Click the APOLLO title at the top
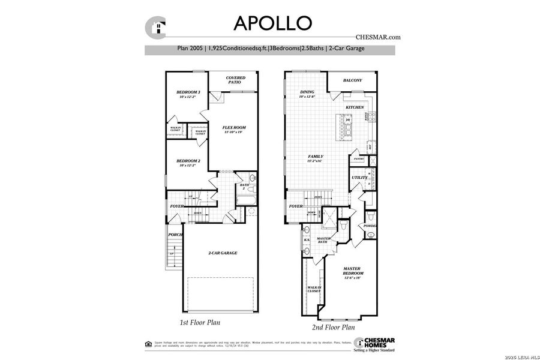[x=273, y=22]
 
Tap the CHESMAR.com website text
[x=377, y=37]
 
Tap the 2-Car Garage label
[x=223, y=253]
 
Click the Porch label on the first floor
[x=175, y=235]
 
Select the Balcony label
[x=352, y=80]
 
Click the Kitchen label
[x=355, y=107]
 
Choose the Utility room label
[x=359, y=178]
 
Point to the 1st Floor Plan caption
[x=200, y=323]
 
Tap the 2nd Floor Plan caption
[x=333, y=328]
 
